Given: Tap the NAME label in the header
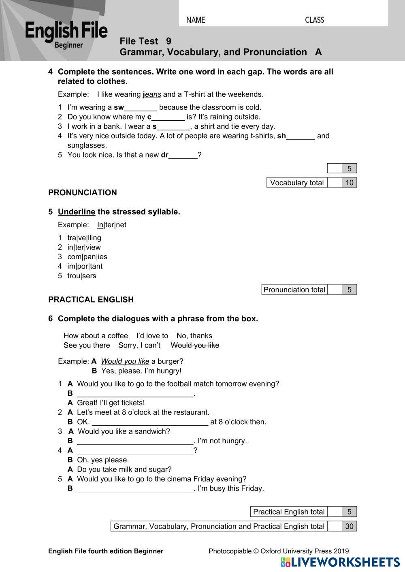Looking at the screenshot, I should (196, 20).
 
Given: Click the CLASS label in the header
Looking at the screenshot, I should (314, 20).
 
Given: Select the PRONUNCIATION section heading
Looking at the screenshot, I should (83, 193).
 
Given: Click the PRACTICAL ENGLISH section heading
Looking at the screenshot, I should (91, 300).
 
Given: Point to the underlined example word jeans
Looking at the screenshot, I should (152, 94).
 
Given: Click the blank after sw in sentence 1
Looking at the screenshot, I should (141, 108).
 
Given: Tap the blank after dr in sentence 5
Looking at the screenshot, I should (183, 155).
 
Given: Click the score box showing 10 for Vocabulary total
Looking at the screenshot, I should (349, 183).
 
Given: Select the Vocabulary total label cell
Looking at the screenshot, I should (296, 183).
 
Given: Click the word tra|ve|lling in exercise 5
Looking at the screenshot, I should (84, 238).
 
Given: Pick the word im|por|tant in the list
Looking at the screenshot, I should (85, 266).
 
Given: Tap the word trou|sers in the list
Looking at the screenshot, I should (82, 276).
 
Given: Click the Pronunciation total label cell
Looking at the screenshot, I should (294, 290).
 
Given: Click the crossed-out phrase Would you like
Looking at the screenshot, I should (195, 346).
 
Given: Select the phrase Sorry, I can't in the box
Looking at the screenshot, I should (139, 346).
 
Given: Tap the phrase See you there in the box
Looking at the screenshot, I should (87, 346).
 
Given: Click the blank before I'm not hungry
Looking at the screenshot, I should (135, 441).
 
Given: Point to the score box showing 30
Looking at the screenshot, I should (349, 526).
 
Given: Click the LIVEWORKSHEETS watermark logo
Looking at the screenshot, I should (340, 562).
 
